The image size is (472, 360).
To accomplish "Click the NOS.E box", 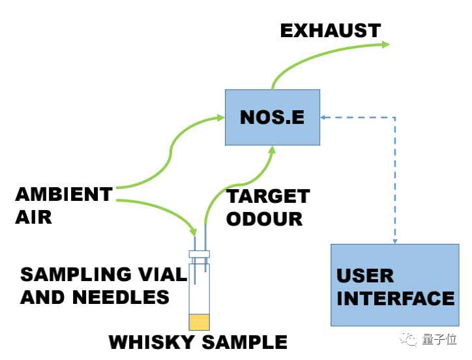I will point(272,117).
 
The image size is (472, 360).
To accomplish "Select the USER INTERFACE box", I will point(395,285).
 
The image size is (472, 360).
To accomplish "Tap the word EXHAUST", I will point(330,30).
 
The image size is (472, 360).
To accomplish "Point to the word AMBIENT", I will point(63,194).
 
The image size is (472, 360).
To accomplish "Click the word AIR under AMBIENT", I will point(33,216).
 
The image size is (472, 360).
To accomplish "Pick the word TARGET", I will point(267,196).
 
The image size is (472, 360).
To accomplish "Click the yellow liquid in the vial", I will point(199,322).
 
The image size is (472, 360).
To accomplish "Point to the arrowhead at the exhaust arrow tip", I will point(385,44).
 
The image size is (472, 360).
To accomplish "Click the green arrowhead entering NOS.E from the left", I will point(221,118).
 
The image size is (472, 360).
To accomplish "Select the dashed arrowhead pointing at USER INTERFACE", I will point(395,240).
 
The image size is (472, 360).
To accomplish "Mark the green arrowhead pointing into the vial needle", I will point(193,232).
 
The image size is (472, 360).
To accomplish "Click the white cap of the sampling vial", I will point(199,254).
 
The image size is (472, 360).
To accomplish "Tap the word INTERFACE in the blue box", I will point(395,298).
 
